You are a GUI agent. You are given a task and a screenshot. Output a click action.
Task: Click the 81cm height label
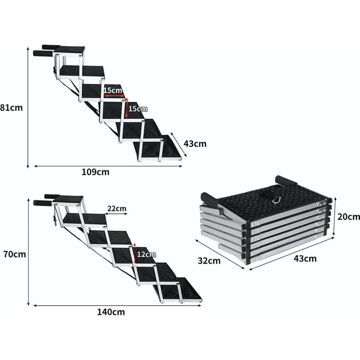pos(11,107)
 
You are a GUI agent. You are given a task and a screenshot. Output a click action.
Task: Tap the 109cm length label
pos(95,172)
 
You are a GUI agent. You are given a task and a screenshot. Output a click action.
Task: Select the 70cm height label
pos(14,254)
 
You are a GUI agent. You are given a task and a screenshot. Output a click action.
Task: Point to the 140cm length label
pos(111,312)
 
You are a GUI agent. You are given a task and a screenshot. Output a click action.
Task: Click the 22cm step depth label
pos(117,208)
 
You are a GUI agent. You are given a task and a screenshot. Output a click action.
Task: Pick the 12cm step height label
pos(146,254)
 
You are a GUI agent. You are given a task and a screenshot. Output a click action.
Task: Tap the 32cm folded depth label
pos(209,261)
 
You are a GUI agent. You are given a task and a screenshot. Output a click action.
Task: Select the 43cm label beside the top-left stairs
pos(195,144)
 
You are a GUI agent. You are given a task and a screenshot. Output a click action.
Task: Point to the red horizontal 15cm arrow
pos(114,96)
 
